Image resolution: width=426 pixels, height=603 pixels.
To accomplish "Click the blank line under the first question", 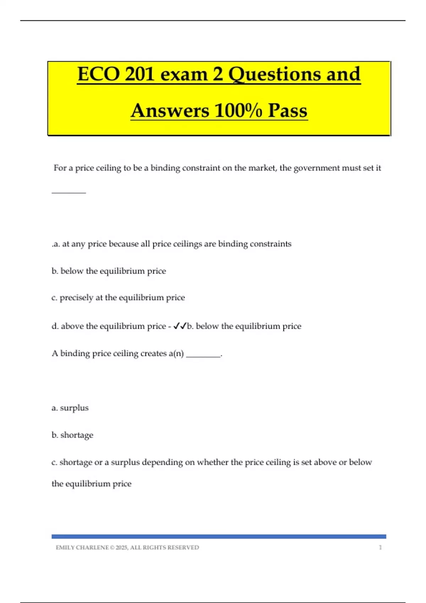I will point(69,192).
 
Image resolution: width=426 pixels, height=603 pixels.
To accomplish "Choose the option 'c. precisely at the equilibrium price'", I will point(118,298).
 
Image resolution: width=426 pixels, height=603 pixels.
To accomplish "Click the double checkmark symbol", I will point(180,326).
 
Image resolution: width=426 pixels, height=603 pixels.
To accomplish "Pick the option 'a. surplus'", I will point(70,408).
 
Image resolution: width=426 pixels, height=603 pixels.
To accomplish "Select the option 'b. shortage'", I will point(72,435).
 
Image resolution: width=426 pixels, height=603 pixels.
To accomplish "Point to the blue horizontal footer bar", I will point(219,537).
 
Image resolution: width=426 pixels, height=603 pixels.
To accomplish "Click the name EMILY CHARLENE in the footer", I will point(82,548).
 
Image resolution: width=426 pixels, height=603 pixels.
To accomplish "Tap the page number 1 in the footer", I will point(380,548).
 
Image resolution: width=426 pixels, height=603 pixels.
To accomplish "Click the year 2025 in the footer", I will point(121,548).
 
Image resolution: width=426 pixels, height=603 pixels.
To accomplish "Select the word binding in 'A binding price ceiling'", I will point(75,354).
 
